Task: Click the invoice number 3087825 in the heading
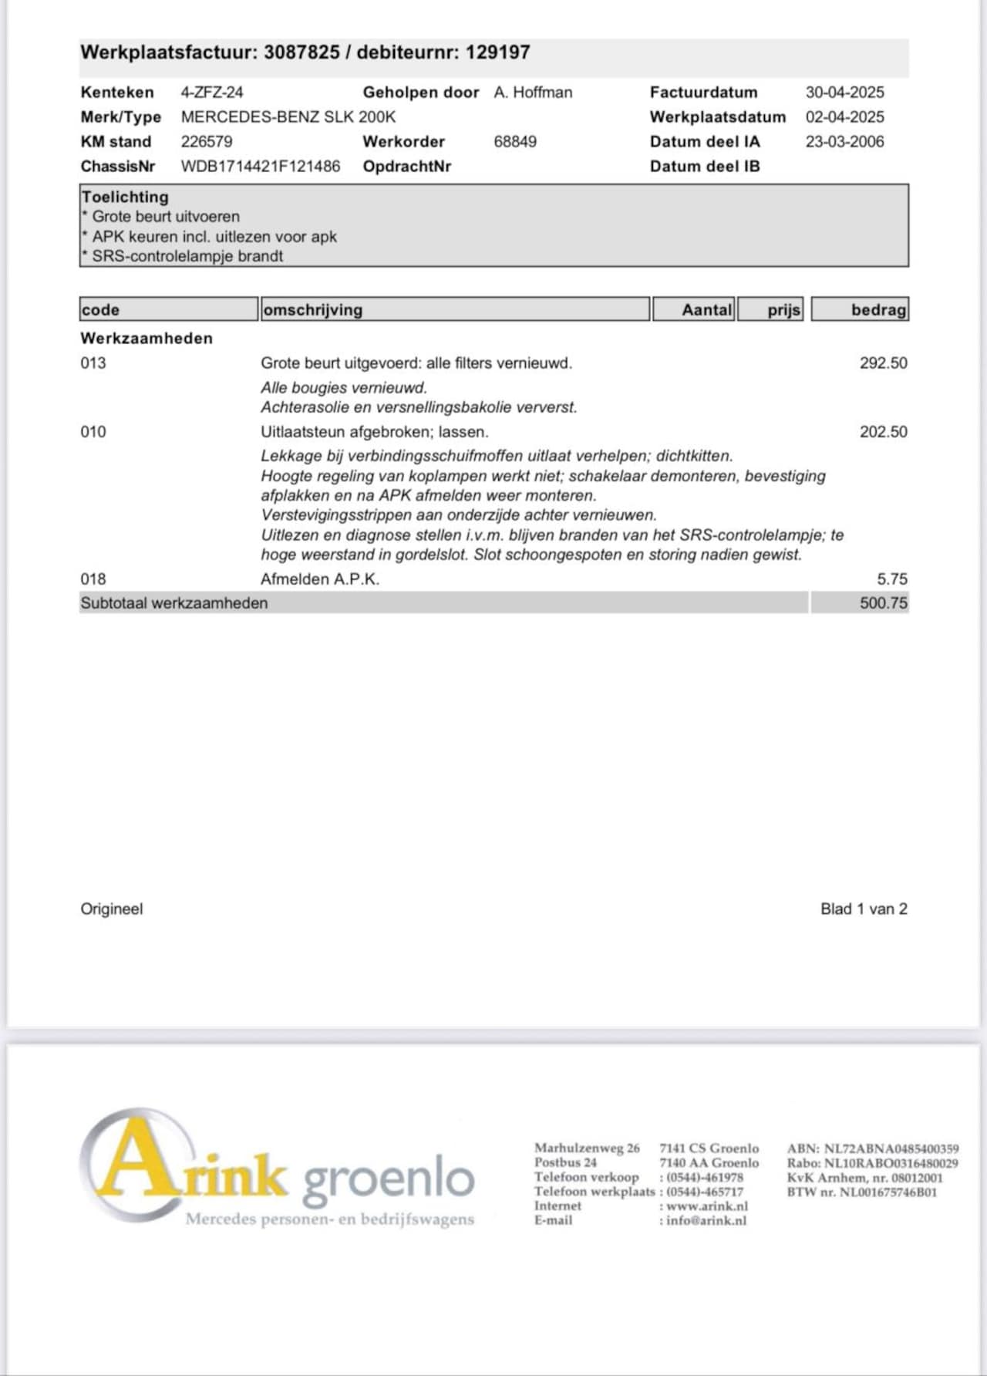(x=301, y=52)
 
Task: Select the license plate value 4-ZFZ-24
(x=212, y=93)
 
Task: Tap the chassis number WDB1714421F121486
(x=261, y=167)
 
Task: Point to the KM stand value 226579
(x=207, y=142)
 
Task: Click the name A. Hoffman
(x=533, y=93)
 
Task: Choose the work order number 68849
(x=515, y=142)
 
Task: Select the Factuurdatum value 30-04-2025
(x=844, y=93)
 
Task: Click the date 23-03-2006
(x=844, y=142)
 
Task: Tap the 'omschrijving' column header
(x=313, y=310)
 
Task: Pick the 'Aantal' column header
(x=706, y=310)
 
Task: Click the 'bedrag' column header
(x=878, y=310)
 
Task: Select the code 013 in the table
(x=93, y=363)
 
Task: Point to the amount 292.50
(x=883, y=363)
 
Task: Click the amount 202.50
(x=883, y=432)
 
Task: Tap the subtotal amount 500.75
(x=883, y=603)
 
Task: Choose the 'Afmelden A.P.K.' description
(x=320, y=579)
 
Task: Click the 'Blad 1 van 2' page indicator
(x=864, y=909)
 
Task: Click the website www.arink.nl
(x=707, y=1206)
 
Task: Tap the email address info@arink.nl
(x=706, y=1221)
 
